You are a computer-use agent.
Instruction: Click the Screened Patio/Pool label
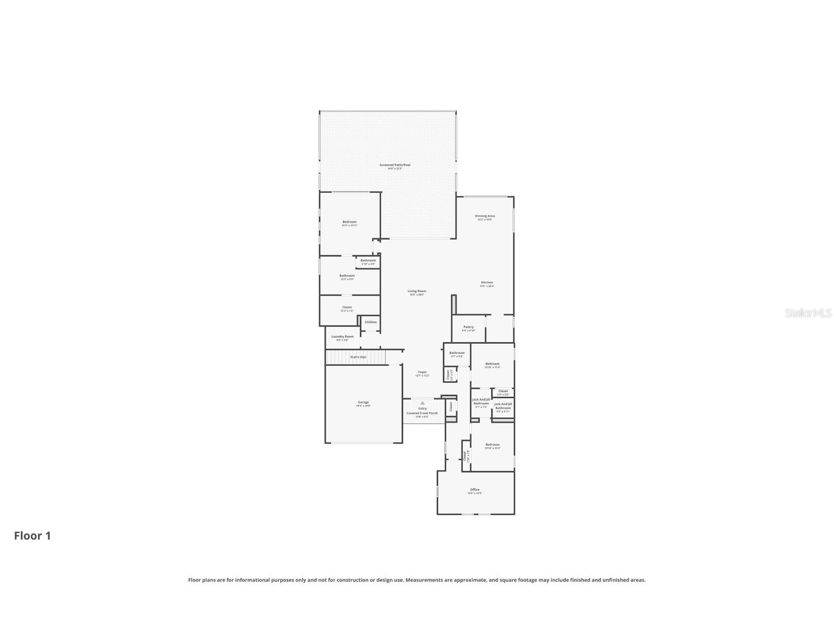click(x=395, y=165)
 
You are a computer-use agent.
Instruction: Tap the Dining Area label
click(x=484, y=216)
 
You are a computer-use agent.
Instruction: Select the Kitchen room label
click(x=486, y=282)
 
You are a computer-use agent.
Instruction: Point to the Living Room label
click(x=416, y=291)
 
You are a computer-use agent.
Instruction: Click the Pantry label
click(x=468, y=327)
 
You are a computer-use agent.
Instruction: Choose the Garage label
click(x=363, y=402)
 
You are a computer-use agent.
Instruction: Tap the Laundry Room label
click(x=342, y=336)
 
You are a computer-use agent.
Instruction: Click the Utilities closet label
click(x=371, y=322)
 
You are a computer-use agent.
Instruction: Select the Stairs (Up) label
click(x=358, y=357)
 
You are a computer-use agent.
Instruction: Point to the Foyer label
click(x=422, y=372)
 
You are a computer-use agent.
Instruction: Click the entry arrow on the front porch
click(x=423, y=403)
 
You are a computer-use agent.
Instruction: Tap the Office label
click(x=475, y=489)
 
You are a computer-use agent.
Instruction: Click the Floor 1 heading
click(x=32, y=536)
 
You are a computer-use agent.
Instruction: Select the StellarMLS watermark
click(x=808, y=313)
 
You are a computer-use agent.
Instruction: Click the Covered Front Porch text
click(x=422, y=413)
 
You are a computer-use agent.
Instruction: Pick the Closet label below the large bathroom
click(x=347, y=307)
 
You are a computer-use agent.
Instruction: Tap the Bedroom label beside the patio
click(x=350, y=222)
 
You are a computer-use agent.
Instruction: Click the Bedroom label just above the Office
click(x=492, y=445)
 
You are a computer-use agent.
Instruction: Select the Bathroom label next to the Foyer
click(x=457, y=353)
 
